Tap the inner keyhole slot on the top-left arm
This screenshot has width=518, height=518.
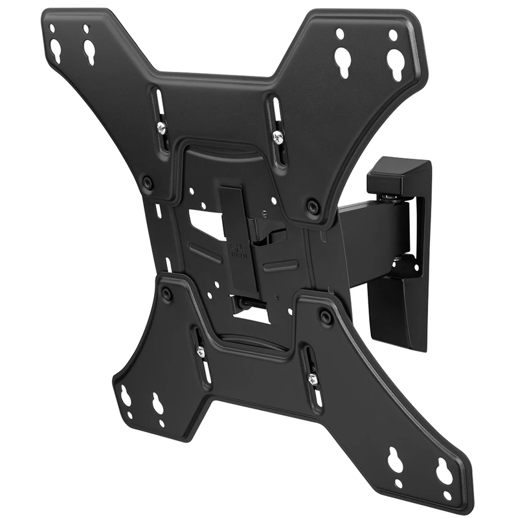pyautogui.click(x=87, y=51)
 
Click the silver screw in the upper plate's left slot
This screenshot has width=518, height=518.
pyautogui.click(x=161, y=129)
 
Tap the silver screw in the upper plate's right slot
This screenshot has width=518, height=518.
pyautogui.click(x=278, y=137)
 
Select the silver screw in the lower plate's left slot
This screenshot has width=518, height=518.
pyautogui.click(x=200, y=351)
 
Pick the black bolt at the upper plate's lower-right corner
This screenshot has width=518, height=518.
pyautogui.click(x=314, y=207)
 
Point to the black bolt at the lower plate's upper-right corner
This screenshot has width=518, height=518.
pyautogui.click(x=326, y=317)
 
